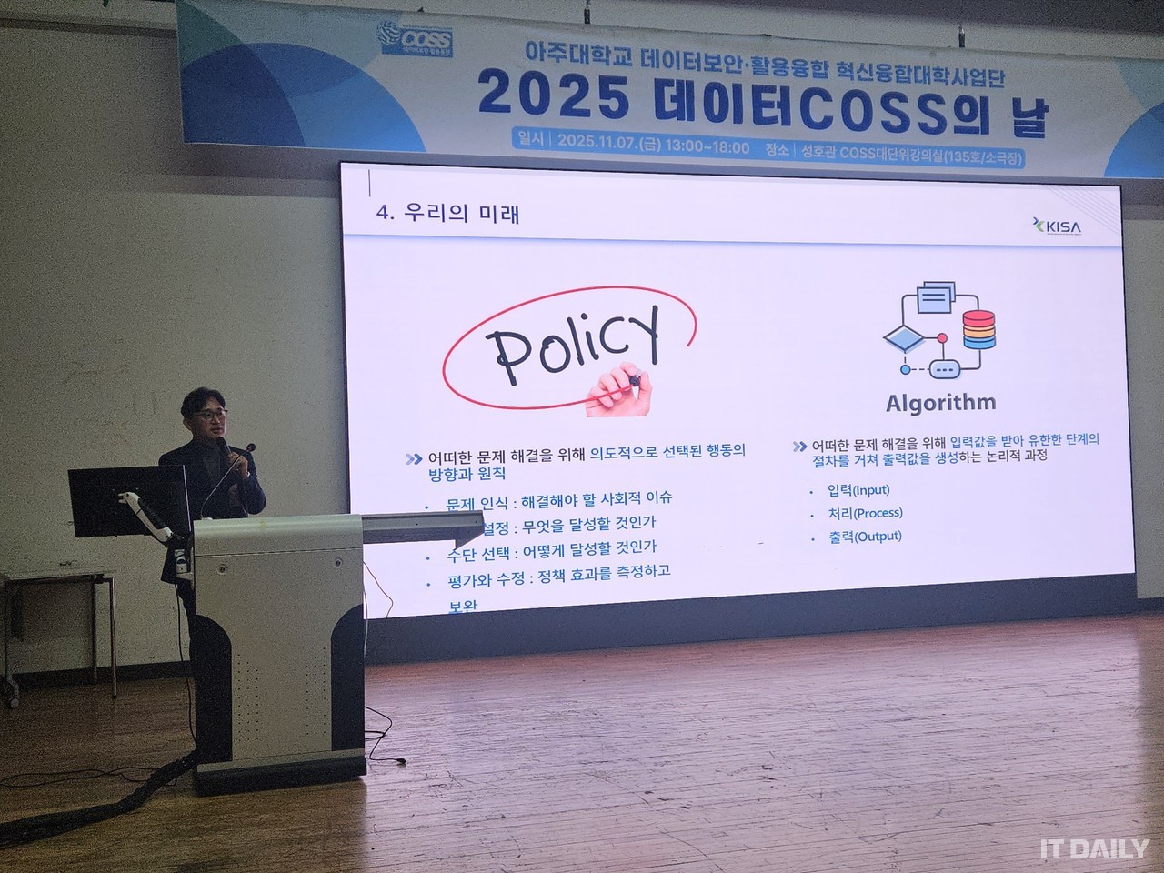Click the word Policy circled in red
[570, 343]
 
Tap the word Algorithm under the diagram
[940, 402]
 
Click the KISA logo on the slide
[1058, 226]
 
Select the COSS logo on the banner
[414, 40]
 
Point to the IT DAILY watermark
[1094, 848]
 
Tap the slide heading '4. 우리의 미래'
[447, 214]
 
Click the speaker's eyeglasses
[214, 415]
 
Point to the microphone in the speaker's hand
[246, 448]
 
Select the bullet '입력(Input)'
[858, 490]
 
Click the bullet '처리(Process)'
[864, 513]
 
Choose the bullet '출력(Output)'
[864, 537]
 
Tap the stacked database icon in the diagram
[978, 329]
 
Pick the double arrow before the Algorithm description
[799, 447]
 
